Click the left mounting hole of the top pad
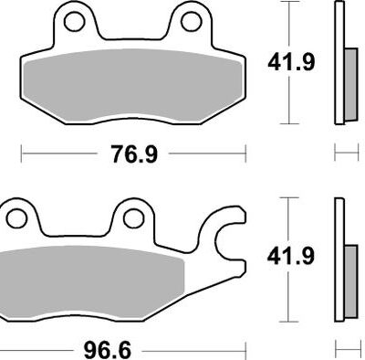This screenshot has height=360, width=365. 74,21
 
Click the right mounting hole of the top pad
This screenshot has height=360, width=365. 192,21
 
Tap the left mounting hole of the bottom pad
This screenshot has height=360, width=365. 16,218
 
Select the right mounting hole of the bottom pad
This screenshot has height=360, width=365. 133,218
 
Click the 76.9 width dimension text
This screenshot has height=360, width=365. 134,154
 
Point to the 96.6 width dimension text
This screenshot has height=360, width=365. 108,350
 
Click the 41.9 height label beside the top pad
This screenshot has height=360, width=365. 290,63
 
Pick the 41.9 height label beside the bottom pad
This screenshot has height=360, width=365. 290,257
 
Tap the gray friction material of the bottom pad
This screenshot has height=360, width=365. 91,281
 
